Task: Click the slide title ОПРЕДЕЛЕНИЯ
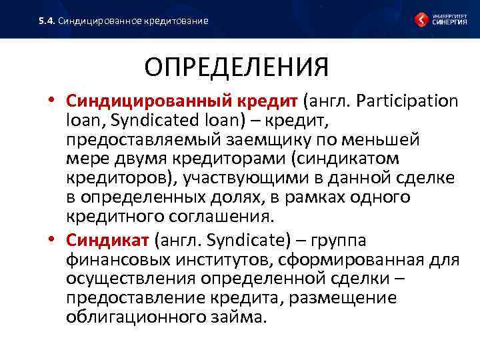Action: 237,67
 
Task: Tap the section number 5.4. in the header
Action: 46,21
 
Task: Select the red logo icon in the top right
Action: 422,19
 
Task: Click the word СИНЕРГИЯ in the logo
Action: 450,22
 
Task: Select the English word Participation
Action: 407,101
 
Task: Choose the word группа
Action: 333,240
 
